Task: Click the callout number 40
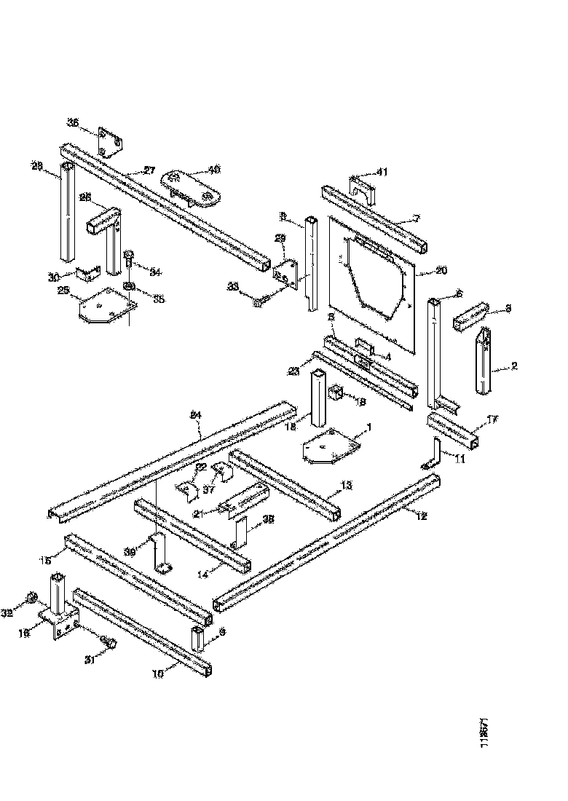tap(214, 169)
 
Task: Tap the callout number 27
tap(149, 170)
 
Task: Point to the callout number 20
tap(441, 271)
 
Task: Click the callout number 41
tap(383, 172)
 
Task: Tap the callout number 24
tap(195, 415)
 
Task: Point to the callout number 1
tap(368, 427)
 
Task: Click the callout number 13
tap(346, 486)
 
